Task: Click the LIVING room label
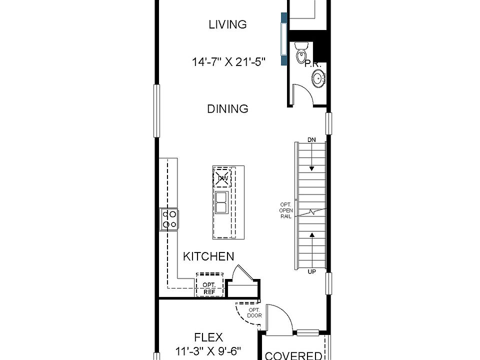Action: pos(227,24)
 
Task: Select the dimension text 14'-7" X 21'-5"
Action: pos(228,62)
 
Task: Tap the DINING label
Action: pos(227,108)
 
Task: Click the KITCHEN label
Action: pos(208,256)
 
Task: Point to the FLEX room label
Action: pos(208,337)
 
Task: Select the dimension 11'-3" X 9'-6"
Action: pos(208,350)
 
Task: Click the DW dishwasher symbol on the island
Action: pos(223,178)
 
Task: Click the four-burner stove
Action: pos(169,219)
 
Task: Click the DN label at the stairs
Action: pos(312,139)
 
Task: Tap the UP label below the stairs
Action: pos(312,271)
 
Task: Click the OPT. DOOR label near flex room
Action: pos(254,312)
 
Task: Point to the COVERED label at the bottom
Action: pos(293,355)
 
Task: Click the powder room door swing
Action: pos(301,94)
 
